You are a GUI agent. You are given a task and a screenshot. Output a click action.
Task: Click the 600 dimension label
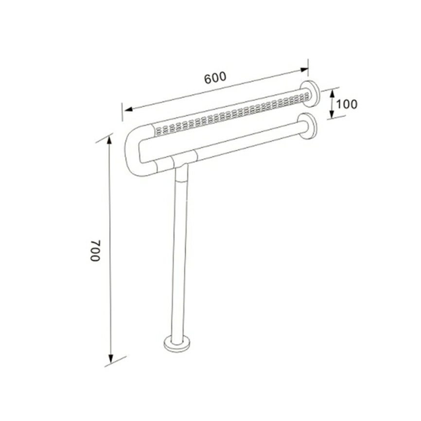point(215,78)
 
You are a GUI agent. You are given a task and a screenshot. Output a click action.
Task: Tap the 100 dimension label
point(347,104)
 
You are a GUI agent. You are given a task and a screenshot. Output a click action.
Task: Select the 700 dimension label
point(95,250)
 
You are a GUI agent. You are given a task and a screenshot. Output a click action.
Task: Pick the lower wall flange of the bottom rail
point(307,126)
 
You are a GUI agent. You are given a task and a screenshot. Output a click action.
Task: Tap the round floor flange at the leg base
point(177,343)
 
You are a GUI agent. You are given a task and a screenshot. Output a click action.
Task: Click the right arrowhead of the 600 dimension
point(304,70)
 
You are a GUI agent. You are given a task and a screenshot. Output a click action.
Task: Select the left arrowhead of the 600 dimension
point(128,109)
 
